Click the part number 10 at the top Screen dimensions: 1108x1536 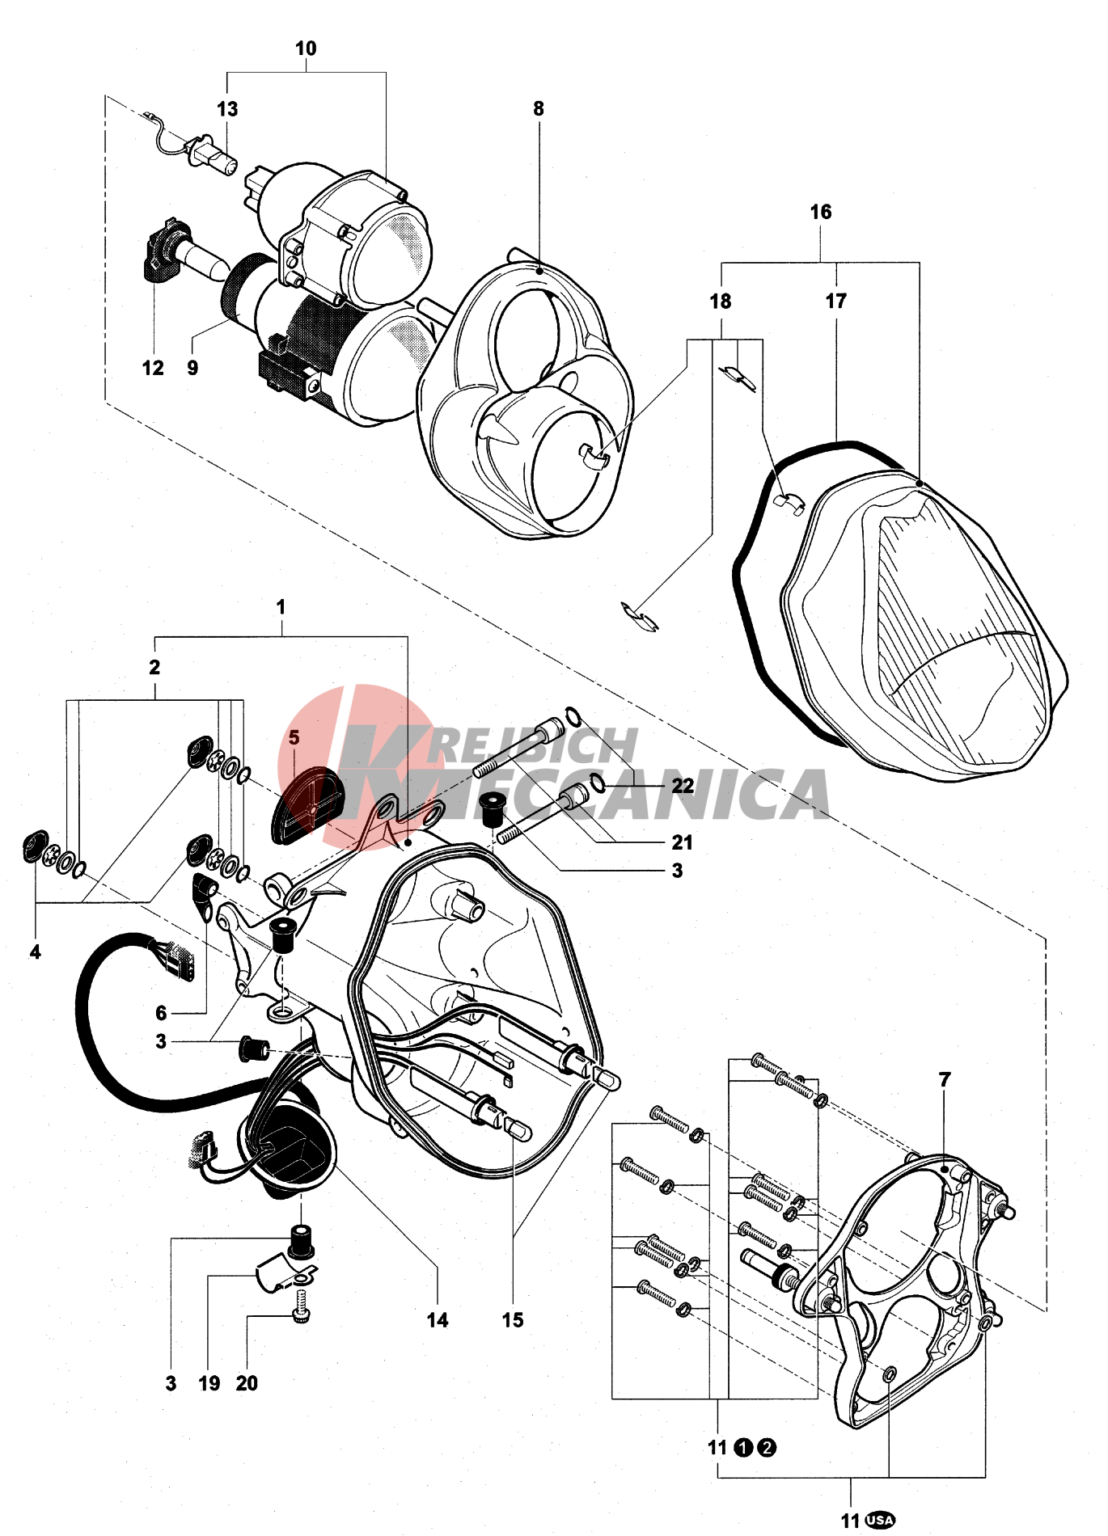pyautogui.click(x=306, y=49)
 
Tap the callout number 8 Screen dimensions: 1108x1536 pyautogui.click(x=539, y=108)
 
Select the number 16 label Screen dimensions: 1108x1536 pyautogui.click(x=821, y=212)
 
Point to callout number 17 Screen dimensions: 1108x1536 pyautogui.click(x=836, y=301)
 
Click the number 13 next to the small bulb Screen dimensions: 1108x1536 pyautogui.click(x=227, y=109)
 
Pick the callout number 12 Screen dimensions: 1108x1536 pyautogui.click(x=153, y=368)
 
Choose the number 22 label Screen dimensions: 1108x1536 pyautogui.click(x=683, y=786)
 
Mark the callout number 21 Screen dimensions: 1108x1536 pyautogui.click(x=683, y=842)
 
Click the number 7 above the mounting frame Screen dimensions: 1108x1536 pyautogui.click(x=945, y=1079)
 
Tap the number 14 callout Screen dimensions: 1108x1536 pyautogui.click(x=438, y=1320)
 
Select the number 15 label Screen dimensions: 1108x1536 pyautogui.click(x=513, y=1320)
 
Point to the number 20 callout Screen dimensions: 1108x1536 pyautogui.click(x=247, y=1383)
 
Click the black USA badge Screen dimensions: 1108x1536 pyautogui.click(x=880, y=1520)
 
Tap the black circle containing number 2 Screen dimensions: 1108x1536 pyautogui.click(x=767, y=1447)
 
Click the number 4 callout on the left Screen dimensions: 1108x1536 pyautogui.click(x=35, y=952)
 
